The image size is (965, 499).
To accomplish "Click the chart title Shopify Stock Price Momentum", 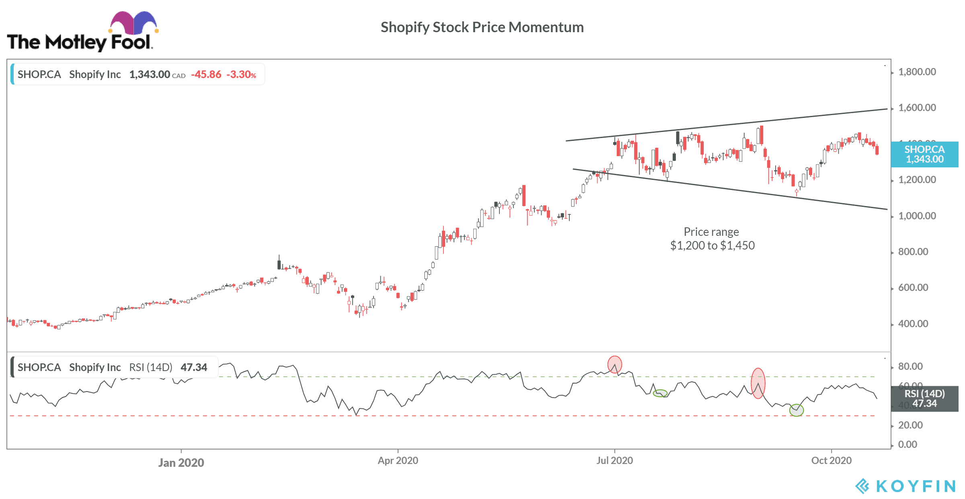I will (482, 27).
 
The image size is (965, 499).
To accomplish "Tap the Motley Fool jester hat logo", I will (133, 23).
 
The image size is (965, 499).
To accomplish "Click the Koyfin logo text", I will (915, 486).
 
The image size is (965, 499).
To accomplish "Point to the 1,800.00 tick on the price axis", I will (917, 72).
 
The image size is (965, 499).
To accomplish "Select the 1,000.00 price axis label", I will (917, 216).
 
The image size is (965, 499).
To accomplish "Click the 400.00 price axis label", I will (913, 324).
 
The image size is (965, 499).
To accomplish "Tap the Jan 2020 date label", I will (181, 462).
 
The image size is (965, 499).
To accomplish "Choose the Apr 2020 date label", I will (398, 461).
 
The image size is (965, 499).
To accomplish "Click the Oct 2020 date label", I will (831, 461).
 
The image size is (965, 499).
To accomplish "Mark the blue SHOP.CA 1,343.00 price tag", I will (924, 155).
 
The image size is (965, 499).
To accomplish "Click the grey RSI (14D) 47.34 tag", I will (924, 399).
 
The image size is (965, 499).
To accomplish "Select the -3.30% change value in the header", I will (241, 74).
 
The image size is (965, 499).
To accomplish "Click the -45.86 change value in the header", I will (206, 74).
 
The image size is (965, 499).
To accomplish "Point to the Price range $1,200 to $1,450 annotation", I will (712, 239).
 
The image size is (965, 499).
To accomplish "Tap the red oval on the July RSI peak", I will (614, 365).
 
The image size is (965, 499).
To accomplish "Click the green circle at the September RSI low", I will (796, 410).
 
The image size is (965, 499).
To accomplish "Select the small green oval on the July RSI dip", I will (660, 393).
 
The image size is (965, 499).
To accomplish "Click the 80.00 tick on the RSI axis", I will (910, 367).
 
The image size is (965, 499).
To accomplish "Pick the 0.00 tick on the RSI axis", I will (908, 445).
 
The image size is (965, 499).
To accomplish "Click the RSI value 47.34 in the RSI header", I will (194, 367).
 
